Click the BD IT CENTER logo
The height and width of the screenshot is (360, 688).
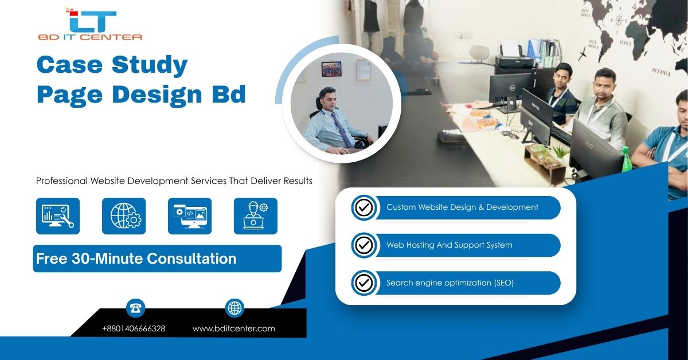click(90, 24)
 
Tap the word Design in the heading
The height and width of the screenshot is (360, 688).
click(157, 95)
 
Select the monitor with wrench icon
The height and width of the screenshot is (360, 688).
click(58, 216)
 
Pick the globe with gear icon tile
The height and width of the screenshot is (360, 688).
click(124, 216)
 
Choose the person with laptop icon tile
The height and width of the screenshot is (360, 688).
click(256, 216)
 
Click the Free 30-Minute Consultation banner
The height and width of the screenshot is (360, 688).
click(157, 259)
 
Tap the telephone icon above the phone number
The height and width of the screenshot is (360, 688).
click(135, 308)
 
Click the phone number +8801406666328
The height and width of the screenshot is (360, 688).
click(134, 328)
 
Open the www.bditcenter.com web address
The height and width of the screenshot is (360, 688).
click(234, 328)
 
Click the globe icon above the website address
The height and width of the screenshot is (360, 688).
click(234, 308)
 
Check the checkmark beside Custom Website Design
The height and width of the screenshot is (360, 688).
click(364, 208)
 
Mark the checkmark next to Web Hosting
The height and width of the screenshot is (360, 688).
click(364, 245)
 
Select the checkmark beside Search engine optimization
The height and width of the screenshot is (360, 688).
click(364, 283)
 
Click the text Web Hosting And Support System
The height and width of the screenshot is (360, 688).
click(449, 245)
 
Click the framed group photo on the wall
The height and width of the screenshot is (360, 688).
click(331, 69)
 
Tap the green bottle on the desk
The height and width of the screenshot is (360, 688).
click(626, 159)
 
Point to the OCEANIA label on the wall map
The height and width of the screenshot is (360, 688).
click(661, 72)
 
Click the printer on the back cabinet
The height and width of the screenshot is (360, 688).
click(515, 57)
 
